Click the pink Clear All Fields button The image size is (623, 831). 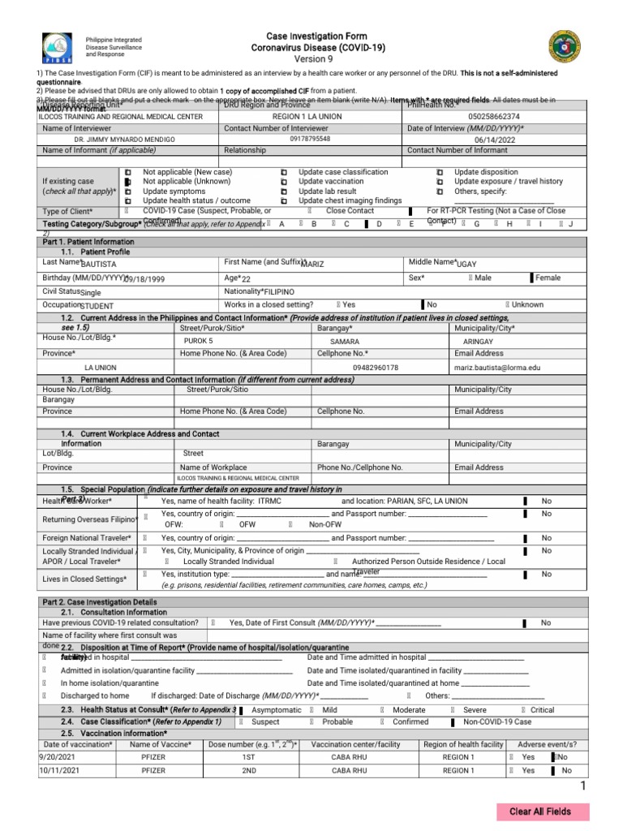pyautogui.click(x=543, y=812)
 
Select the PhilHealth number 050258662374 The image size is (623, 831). pyautogui.click(x=483, y=117)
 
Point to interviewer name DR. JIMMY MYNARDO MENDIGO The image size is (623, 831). pyautogui.click(x=130, y=140)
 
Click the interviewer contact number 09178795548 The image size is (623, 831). pyautogui.click(x=311, y=139)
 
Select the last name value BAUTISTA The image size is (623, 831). pyautogui.click(x=99, y=265)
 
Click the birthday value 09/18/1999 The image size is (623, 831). pyautogui.click(x=144, y=279)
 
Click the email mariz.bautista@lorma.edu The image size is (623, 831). pyautogui.click(x=496, y=368)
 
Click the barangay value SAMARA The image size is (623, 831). pyautogui.click(x=345, y=342)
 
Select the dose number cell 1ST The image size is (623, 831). pyautogui.click(x=248, y=757)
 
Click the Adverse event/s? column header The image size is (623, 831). pyautogui.click(x=547, y=744)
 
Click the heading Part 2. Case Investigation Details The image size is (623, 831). pyautogui.click(x=99, y=601)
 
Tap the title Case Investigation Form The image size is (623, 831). pyautogui.click(x=317, y=37)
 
